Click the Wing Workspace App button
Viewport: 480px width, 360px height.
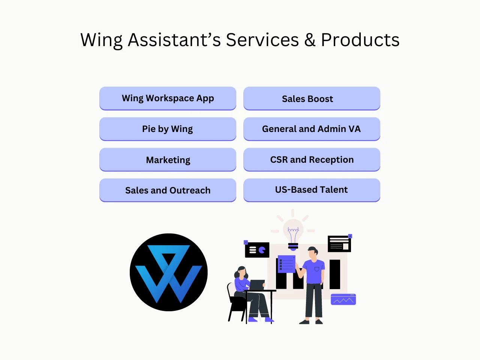point(168,98)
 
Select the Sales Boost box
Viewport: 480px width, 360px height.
point(312,99)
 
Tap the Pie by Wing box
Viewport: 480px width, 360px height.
point(168,129)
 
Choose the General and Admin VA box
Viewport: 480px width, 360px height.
point(312,129)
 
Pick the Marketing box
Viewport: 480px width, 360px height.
point(168,160)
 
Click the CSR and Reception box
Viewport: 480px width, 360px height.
point(312,160)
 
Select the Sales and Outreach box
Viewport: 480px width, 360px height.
point(168,190)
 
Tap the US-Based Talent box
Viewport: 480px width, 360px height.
point(312,190)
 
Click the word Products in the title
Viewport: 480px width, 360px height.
point(360,40)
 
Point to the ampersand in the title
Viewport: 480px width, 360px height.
point(310,40)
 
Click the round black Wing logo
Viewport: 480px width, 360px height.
point(169,272)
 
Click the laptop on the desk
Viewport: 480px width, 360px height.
point(257,285)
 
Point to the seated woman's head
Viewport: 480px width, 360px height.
point(241,271)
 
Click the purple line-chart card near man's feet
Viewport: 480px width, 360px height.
point(343,299)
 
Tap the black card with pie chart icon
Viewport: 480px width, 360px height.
point(257,250)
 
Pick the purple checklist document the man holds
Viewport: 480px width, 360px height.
point(286,264)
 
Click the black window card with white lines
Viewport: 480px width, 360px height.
point(339,244)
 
